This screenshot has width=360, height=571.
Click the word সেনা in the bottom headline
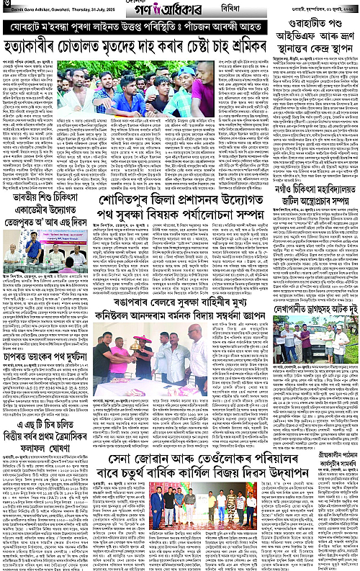(x=125, y=457)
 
